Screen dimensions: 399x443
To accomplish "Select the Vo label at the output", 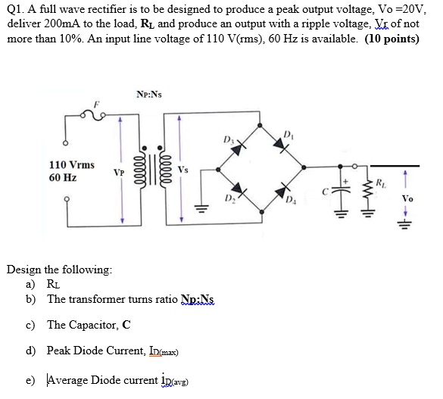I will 407,198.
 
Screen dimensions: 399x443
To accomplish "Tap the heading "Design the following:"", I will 59,270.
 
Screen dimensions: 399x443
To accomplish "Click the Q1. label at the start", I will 17,9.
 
